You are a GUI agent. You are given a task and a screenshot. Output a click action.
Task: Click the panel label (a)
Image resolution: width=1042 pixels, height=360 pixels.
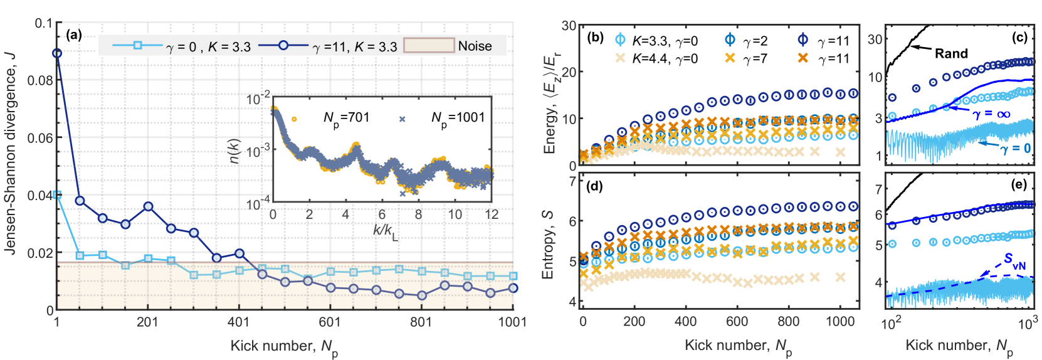coord(73,35)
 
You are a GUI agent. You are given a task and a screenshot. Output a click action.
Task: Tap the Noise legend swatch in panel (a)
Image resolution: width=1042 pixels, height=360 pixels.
coord(429,45)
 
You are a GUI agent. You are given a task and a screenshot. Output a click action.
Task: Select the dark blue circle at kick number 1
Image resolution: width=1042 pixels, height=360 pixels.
coord(57,53)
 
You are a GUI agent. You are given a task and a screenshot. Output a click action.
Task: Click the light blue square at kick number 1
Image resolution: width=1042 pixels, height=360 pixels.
coord(57,195)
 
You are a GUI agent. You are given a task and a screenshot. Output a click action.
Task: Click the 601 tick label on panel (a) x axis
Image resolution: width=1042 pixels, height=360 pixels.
coord(330,322)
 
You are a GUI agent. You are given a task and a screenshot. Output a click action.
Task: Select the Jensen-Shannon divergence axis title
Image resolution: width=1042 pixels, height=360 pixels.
coord(10,154)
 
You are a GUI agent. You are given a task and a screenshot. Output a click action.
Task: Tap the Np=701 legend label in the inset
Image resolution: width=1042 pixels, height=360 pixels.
coord(346,118)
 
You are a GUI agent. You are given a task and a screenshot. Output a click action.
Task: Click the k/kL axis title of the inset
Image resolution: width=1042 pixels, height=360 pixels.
coord(385,231)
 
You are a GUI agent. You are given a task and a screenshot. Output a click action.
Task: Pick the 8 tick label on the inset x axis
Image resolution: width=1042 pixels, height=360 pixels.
coord(418,214)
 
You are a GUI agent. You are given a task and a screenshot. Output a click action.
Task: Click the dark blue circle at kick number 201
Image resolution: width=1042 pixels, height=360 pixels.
coord(148,206)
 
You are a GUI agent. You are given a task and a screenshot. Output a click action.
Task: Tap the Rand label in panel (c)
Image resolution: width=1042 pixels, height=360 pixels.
coord(951,54)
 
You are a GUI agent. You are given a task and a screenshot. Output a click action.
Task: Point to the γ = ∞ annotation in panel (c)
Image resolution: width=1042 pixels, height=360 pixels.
coord(991,114)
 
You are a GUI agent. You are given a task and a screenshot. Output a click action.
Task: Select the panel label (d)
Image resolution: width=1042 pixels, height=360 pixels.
coord(594,186)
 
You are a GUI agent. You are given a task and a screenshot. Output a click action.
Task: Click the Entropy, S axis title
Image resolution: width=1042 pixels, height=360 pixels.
coord(549,244)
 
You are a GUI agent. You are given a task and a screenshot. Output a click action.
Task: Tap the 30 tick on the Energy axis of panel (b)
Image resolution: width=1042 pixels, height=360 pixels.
coord(569,26)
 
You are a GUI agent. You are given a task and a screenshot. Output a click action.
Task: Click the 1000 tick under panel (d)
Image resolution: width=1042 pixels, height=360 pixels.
coord(839,322)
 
